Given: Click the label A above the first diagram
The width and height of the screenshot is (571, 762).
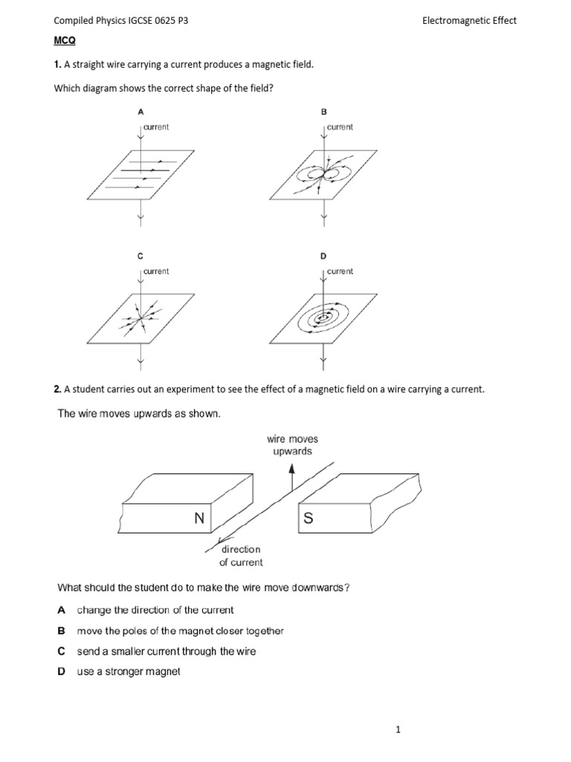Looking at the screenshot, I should (140, 112).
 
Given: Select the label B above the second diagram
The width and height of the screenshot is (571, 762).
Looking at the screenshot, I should (323, 112).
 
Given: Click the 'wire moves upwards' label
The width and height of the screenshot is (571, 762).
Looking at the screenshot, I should (292, 445).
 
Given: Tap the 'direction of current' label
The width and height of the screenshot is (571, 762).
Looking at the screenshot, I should (241, 555).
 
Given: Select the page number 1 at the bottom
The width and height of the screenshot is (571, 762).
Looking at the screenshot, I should (399, 730).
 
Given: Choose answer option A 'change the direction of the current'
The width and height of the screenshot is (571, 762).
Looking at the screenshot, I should (155, 610).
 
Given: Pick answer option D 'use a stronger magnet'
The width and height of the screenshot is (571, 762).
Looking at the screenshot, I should (129, 672).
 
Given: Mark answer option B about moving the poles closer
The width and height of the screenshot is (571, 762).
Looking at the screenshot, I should (180, 631).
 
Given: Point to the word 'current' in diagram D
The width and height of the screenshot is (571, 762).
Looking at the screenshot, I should (341, 272).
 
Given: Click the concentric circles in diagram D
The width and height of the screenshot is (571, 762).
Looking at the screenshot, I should (323, 318).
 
